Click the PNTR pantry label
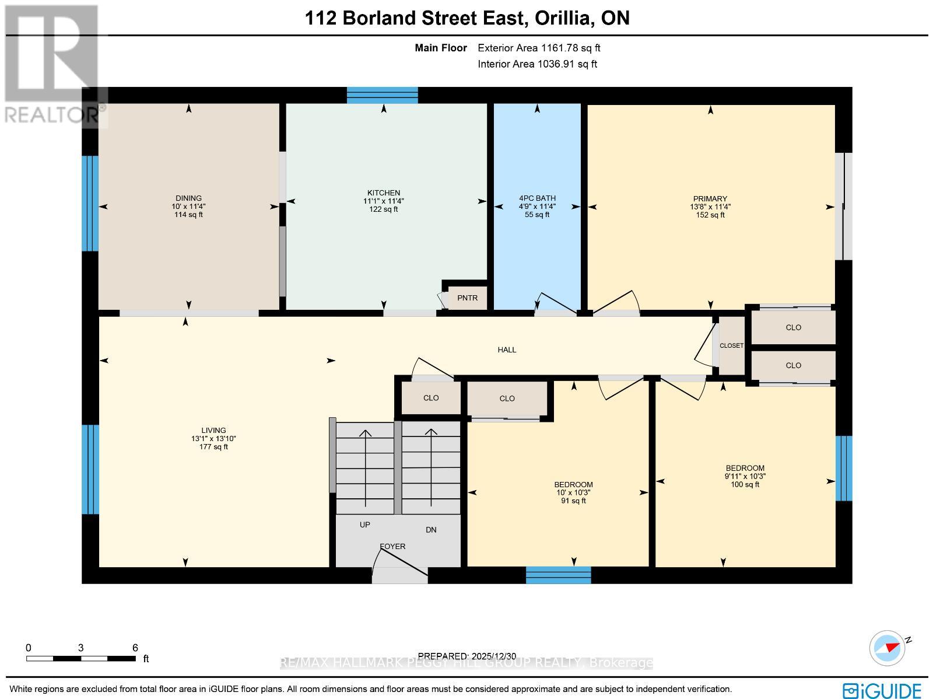coord(467,298)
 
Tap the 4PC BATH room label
coord(536,198)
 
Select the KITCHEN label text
coord(383,193)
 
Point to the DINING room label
coord(188,198)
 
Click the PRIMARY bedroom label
coord(710,199)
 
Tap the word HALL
coord(507,350)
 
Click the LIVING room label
coord(213,431)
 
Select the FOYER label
coord(392,547)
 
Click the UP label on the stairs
coord(365,525)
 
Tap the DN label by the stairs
coord(431,530)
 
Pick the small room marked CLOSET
coord(731,346)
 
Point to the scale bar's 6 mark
coord(135,648)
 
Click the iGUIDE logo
coord(882,690)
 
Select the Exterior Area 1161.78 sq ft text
coord(539,48)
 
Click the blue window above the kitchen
coord(383,95)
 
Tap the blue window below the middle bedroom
coord(558,575)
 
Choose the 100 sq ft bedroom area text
coord(745,484)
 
